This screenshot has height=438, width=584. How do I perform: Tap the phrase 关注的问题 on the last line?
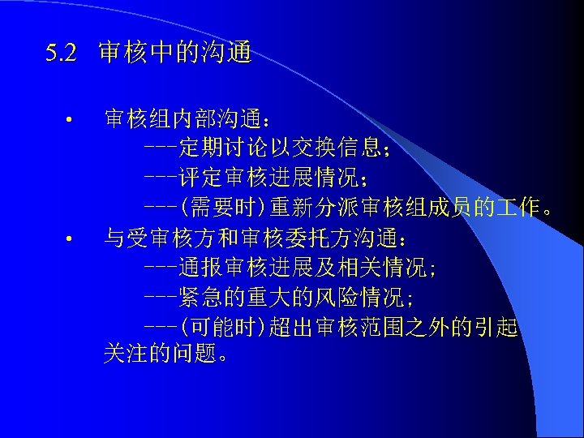[x=156, y=355]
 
